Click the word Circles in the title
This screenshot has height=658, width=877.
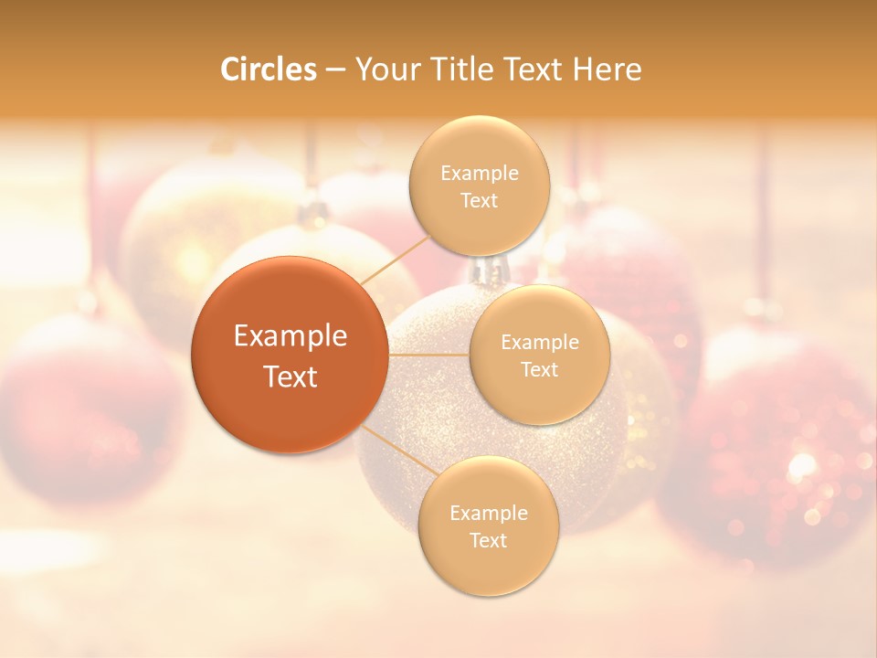(269, 69)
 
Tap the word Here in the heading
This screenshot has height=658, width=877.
(607, 69)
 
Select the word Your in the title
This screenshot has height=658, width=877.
(385, 69)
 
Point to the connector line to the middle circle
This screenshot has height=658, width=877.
(428, 355)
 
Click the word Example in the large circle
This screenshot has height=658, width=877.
(291, 336)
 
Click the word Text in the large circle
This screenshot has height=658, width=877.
(291, 377)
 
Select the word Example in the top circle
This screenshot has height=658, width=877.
(479, 174)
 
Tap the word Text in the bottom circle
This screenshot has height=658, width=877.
(488, 540)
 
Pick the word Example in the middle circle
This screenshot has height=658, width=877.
(540, 343)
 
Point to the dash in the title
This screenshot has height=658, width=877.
(335, 69)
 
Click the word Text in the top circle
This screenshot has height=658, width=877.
(479, 201)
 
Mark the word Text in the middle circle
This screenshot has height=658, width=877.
(540, 370)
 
